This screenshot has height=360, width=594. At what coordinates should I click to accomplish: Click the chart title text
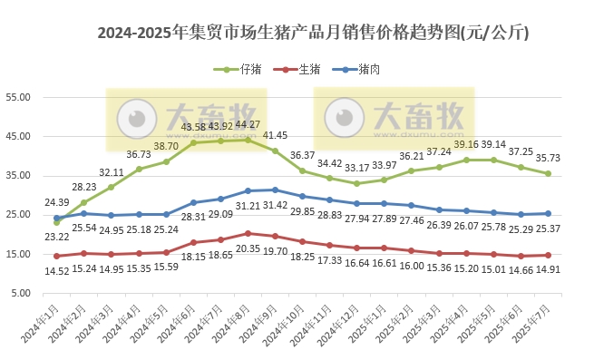313,34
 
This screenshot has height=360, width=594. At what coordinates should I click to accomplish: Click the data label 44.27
247,125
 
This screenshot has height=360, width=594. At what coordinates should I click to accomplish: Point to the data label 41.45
275,135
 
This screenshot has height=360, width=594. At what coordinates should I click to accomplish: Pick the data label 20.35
247,248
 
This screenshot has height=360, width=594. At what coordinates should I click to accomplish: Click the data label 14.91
548,268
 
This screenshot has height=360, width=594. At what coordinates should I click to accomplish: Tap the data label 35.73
548,158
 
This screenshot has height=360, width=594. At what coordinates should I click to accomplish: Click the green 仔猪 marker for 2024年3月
112,188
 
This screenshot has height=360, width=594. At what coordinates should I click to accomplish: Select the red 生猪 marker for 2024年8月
248,234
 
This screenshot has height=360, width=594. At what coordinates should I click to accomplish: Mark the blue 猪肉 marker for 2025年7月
548,214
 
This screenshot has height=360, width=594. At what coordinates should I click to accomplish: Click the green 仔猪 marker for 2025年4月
466,160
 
